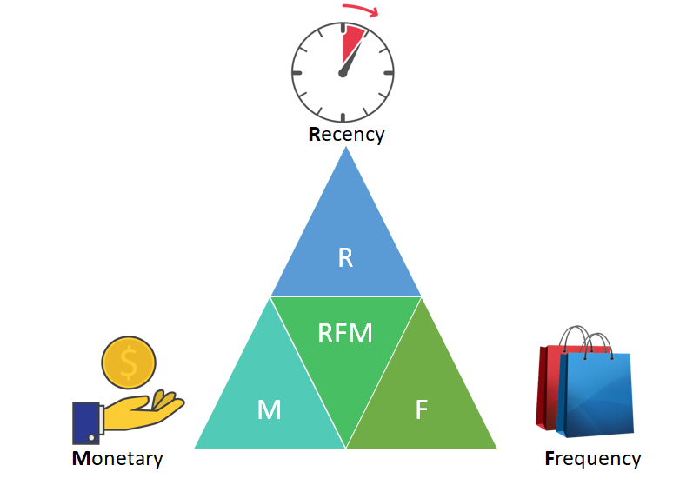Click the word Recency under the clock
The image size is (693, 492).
coord(346,135)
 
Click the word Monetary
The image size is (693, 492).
coord(117,458)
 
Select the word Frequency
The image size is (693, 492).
coord(593,458)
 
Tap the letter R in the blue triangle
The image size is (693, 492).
coord(345,258)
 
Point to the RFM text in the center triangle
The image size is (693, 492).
coord(345,333)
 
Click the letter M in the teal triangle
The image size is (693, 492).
coord(270,409)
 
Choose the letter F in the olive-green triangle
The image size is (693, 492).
coord(422,409)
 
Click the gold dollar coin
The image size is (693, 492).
coord(129,363)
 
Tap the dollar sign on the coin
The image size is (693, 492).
coord(129,364)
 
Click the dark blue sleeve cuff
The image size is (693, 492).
coord(85,422)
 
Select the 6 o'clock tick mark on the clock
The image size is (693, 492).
coord(343,116)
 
